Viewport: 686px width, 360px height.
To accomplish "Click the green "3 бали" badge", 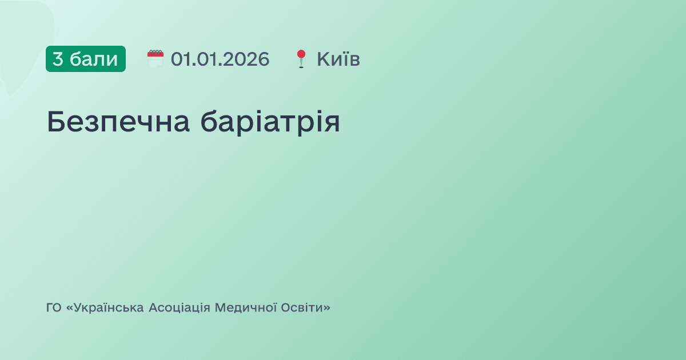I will (86, 59).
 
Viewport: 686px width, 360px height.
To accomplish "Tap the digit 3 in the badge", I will (58, 59).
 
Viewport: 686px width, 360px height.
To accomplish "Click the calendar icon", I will (155, 59).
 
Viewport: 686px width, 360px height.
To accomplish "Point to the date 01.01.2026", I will (220, 59).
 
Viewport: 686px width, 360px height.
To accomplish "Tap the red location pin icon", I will (301, 59).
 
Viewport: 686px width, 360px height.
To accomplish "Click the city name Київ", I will (338, 59).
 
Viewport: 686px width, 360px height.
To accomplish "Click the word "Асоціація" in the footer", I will (179, 308).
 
